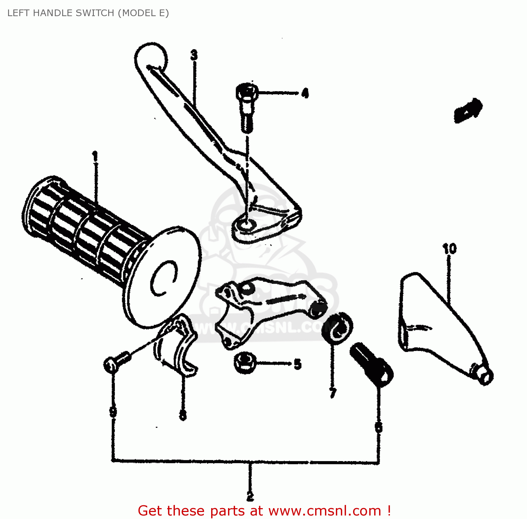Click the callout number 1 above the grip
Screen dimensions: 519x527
(x=95, y=156)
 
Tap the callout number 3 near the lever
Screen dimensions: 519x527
(x=194, y=55)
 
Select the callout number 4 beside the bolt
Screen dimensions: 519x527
(x=305, y=93)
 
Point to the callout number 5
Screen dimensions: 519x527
(x=298, y=364)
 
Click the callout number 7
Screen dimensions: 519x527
(x=333, y=393)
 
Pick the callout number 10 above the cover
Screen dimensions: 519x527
(x=449, y=249)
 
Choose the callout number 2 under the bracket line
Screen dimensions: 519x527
(x=250, y=496)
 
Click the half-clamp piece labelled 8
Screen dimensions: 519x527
(x=176, y=347)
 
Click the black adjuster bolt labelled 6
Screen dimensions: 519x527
(x=372, y=365)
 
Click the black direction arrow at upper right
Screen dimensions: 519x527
(x=468, y=109)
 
